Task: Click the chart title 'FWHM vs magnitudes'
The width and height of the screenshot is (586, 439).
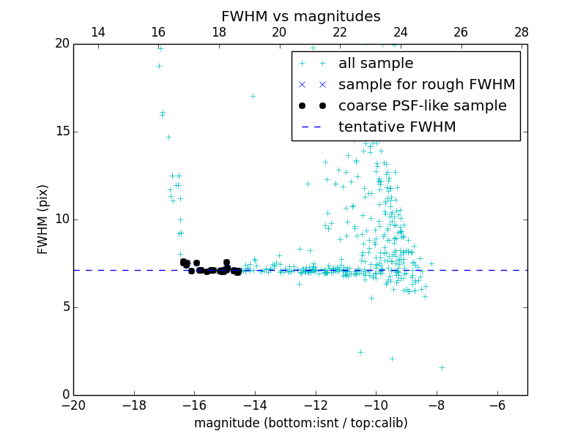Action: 300,16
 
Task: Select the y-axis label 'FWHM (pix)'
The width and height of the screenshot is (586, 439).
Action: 43,219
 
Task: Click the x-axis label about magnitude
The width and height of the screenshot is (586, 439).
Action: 300,423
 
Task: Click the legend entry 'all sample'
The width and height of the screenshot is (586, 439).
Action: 376,64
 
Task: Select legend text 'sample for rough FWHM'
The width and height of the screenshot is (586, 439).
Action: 426,85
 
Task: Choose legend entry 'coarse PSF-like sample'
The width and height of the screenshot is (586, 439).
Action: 422,106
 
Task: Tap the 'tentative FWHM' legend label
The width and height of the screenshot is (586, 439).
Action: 397,127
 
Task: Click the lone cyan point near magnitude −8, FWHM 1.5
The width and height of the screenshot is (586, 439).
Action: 442,367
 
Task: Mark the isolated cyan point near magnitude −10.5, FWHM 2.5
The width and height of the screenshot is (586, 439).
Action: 360,352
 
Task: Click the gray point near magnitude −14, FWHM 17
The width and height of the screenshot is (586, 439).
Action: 253,96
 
